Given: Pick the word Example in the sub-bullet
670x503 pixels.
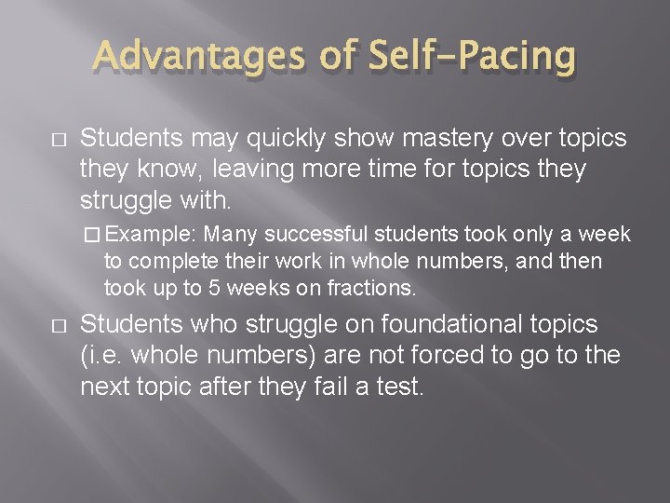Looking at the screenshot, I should (x=156, y=233).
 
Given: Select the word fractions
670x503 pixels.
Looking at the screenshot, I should (x=371, y=288).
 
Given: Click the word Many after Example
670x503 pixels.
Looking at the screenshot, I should (x=227, y=233).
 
